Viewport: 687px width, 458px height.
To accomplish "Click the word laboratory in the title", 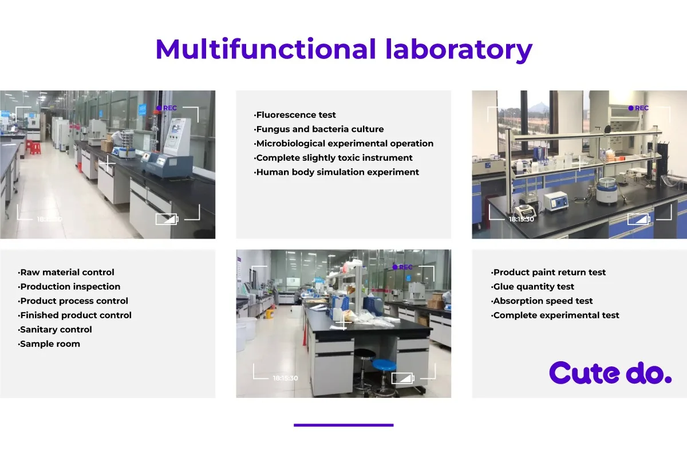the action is point(459,50).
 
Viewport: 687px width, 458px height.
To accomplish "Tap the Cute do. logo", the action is point(610,373).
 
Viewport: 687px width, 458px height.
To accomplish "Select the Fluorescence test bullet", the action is point(295,115).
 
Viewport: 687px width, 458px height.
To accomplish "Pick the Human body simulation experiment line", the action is point(336,172).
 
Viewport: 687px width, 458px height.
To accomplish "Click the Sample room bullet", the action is point(49,344).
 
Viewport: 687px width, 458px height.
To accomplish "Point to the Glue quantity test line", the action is point(532,286).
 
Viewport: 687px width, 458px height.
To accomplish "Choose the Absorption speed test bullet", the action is point(542,301).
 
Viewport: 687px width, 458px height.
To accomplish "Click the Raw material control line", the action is point(66,272).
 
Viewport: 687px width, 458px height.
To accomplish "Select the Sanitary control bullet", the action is point(54,329).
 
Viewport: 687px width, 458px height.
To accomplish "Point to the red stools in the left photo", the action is point(33,147).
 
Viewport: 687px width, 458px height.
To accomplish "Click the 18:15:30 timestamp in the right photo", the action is point(522,219).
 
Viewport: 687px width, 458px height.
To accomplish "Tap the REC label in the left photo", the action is point(170,108).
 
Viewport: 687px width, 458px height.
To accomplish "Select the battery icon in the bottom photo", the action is point(402,378).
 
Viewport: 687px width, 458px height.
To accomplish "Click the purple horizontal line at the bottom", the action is point(343,425).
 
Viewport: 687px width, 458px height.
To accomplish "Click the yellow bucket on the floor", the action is point(270,314).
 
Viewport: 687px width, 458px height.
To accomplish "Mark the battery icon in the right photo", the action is point(639,219).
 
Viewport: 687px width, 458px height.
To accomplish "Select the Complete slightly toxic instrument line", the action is point(333,157).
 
